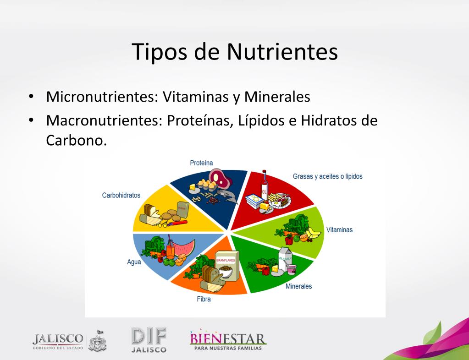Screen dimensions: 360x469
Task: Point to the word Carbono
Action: click(x=76, y=140)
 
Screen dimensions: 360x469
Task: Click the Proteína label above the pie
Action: click(x=201, y=163)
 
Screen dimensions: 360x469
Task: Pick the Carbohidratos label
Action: click(x=121, y=195)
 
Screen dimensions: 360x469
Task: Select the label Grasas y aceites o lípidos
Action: click(x=328, y=176)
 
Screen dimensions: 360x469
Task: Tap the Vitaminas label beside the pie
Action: click(x=339, y=229)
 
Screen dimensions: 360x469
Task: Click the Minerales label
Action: click(x=298, y=286)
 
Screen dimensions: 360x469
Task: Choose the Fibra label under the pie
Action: click(x=204, y=300)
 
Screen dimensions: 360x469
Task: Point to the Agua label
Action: click(x=134, y=262)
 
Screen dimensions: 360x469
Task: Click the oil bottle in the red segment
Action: click(x=264, y=185)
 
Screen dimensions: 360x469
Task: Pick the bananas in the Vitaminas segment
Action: click(x=313, y=232)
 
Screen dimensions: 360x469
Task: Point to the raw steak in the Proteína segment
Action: click(x=217, y=178)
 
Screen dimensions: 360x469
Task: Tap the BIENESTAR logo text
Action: click(x=227, y=339)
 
